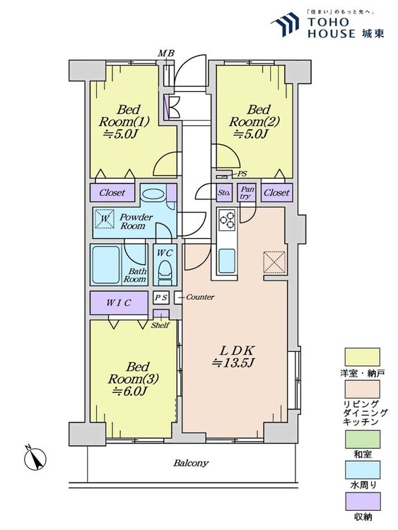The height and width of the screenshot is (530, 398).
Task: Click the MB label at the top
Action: (x=166, y=53)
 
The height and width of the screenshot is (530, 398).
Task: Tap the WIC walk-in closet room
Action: (x=119, y=303)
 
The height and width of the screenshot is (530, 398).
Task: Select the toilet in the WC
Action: (x=165, y=271)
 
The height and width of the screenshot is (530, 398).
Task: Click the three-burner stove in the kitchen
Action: (x=226, y=220)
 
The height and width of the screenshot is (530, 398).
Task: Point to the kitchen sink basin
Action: (x=226, y=261)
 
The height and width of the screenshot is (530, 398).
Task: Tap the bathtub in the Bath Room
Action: (x=106, y=265)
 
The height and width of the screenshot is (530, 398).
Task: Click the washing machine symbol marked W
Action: (x=105, y=218)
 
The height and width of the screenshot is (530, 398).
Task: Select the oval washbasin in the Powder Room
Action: (x=153, y=194)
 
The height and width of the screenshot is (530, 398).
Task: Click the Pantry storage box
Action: (x=246, y=193)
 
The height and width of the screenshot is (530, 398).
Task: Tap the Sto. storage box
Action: (x=224, y=193)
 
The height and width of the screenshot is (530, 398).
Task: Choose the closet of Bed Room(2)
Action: (x=276, y=193)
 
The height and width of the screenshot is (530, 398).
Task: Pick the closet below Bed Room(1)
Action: (x=112, y=193)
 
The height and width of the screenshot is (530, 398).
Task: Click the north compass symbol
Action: (x=35, y=459)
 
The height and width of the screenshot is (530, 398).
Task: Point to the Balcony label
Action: (x=191, y=463)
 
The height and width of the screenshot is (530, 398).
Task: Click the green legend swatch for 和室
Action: (x=362, y=439)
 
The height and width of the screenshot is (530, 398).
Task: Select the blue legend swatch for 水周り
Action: (x=362, y=470)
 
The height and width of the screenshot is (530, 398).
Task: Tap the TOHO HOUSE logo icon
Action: (x=285, y=24)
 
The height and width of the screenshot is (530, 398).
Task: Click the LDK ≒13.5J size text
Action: (x=233, y=357)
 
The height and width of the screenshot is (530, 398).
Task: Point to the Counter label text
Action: (x=200, y=297)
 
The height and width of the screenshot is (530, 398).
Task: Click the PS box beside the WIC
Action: (x=160, y=298)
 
